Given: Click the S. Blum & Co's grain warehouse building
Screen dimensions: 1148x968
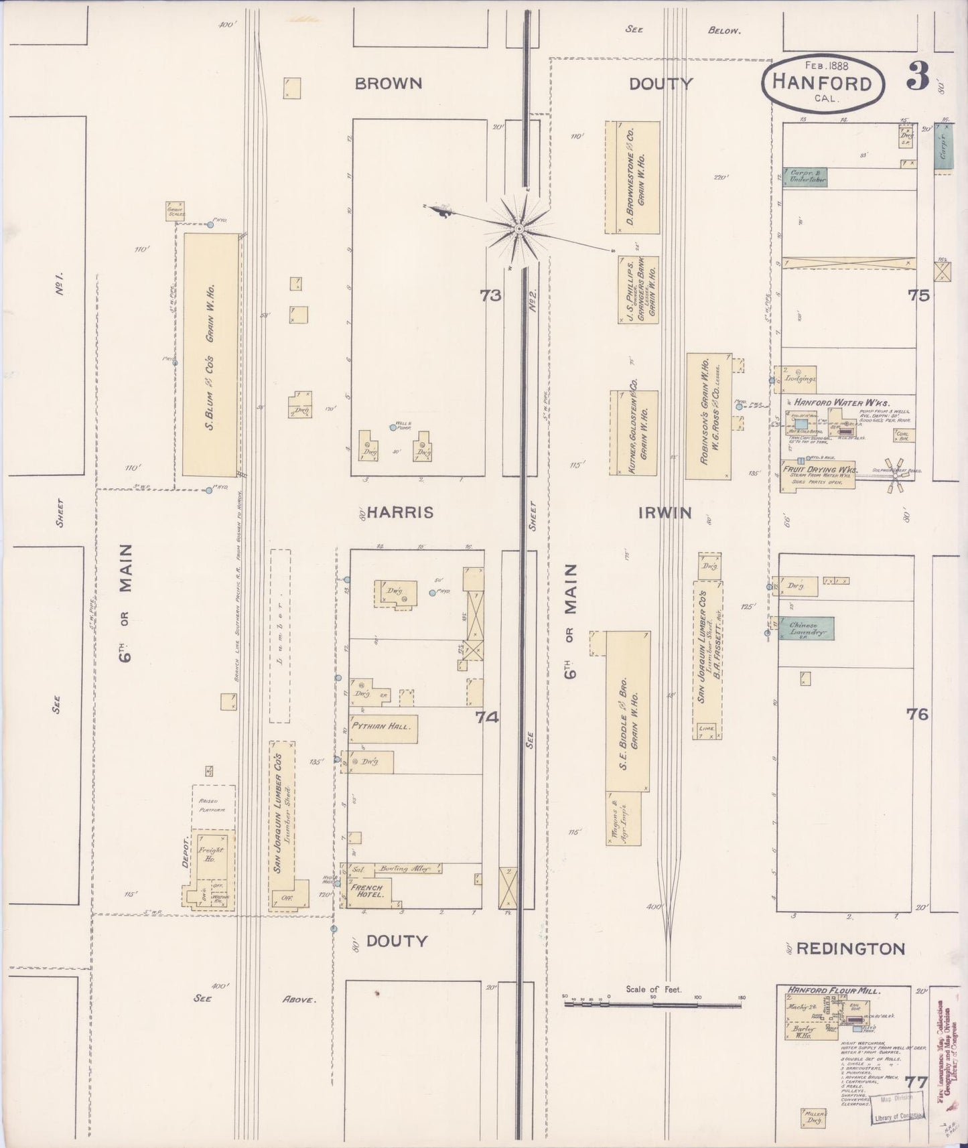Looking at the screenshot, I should [x=211, y=354].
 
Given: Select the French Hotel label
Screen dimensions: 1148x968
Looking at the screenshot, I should [x=366, y=891].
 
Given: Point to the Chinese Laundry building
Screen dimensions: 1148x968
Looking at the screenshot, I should [x=807, y=628].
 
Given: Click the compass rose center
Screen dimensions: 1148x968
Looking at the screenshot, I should [x=518, y=230].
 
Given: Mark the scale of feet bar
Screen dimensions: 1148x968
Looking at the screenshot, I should [x=653, y=1004].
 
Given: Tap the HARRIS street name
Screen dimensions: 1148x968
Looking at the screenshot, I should [x=401, y=512].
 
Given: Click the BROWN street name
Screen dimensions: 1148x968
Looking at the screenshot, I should [x=389, y=84].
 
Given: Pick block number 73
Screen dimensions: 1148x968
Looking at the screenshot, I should [x=491, y=295].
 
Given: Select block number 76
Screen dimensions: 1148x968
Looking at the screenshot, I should [x=917, y=715].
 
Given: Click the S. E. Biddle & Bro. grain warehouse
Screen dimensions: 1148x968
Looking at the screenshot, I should [x=628, y=710].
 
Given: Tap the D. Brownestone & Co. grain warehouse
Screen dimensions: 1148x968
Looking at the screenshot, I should [x=632, y=177].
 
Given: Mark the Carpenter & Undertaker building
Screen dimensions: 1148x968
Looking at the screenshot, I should [x=806, y=176].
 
